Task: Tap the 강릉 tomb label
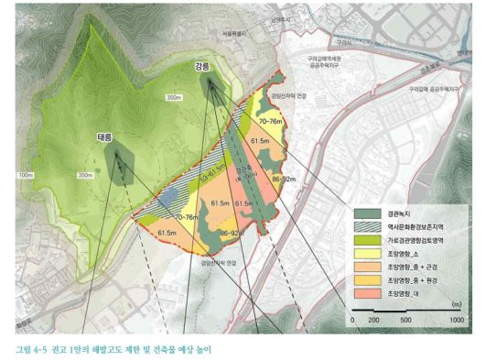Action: pos(201,67)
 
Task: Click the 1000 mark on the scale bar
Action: pos(455,322)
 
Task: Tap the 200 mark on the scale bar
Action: pos(373,322)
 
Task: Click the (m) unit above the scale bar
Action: pos(455,302)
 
